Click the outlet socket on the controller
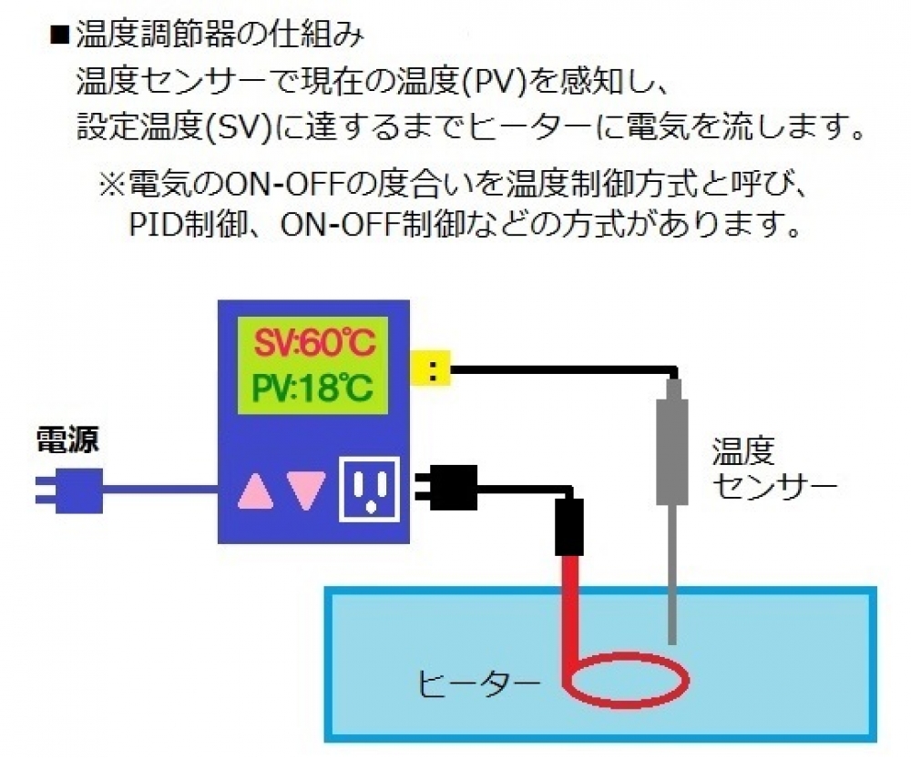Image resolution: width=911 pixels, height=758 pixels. (369, 488)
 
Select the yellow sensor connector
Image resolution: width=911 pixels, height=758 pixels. (432, 369)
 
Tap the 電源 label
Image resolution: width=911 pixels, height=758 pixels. (67, 440)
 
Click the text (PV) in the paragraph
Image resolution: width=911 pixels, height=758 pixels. (478, 83)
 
